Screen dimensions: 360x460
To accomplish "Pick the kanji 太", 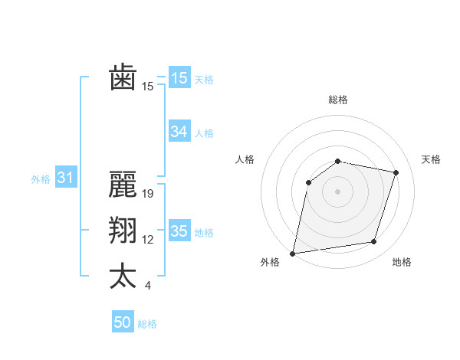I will [123, 277].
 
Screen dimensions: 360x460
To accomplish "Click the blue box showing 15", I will [179, 78].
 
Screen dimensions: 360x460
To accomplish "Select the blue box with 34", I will [179, 132].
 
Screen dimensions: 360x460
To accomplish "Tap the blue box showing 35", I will [179, 231].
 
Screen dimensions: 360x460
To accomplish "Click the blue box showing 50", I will [123, 322].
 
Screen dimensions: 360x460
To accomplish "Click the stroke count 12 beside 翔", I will [148, 240].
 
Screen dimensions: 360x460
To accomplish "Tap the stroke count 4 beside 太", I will [147, 286].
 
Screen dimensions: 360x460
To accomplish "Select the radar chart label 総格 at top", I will [337, 100].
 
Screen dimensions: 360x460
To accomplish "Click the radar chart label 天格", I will [431, 159].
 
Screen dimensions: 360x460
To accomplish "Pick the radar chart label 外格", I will [270, 262].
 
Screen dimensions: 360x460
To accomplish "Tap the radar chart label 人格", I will [245, 159].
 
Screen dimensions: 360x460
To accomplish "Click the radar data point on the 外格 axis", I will [293, 253].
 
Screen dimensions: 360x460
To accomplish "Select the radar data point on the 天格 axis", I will [396, 172].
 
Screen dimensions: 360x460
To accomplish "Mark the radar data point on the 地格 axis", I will [374, 242].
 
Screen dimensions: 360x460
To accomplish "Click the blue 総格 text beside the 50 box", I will [147, 324].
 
